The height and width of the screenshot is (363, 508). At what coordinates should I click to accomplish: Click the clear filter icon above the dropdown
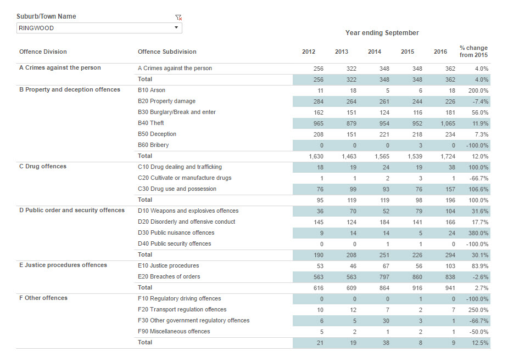(x=178, y=18)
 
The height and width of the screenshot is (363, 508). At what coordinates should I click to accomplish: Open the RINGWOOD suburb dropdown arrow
(x=176, y=27)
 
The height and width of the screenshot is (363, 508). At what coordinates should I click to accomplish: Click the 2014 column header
(x=375, y=52)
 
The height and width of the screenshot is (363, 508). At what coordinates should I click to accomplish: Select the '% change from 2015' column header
(x=473, y=52)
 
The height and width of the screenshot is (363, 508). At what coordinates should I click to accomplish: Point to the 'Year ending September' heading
(x=382, y=33)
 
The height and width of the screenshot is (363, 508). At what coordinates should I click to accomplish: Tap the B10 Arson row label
(x=151, y=90)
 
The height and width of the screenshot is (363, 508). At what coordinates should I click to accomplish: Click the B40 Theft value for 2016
(x=448, y=123)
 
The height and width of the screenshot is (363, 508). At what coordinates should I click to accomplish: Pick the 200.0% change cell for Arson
(x=478, y=90)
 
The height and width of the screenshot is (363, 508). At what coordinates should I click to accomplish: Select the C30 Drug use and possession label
(x=177, y=189)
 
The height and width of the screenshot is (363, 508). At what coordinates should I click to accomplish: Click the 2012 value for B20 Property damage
(x=318, y=101)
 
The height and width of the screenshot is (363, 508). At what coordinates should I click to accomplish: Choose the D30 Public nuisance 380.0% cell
(x=478, y=233)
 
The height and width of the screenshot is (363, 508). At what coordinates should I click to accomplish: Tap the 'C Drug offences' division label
(x=43, y=166)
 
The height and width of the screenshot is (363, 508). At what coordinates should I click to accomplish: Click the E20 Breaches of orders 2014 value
(x=384, y=277)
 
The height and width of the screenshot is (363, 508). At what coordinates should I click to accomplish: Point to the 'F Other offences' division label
(x=43, y=298)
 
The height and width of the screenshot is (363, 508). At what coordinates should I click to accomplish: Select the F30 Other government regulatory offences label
(x=194, y=321)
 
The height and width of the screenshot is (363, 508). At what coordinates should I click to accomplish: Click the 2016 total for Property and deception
(x=448, y=156)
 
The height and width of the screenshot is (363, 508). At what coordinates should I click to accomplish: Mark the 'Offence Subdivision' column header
(x=167, y=52)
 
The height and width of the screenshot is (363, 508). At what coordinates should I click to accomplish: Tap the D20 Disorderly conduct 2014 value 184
(x=384, y=222)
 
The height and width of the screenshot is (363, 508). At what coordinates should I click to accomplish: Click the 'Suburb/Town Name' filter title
(x=46, y=16)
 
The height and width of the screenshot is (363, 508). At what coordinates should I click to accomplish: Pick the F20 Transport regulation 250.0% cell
(x=478, y=310)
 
